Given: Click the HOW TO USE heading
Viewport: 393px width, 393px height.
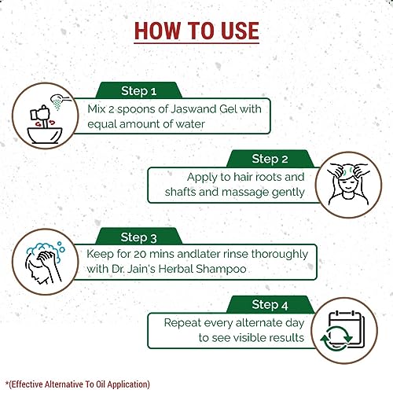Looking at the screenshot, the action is point(196,31).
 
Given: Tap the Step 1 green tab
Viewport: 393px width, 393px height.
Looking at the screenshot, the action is point(138,90).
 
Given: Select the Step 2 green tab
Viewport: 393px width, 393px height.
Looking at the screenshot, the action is point(270,159).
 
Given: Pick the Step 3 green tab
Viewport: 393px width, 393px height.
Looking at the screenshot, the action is point(138,237).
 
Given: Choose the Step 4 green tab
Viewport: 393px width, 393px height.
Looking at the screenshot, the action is point(270,305).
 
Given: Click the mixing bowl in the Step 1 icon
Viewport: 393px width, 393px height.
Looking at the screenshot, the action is point(45,135).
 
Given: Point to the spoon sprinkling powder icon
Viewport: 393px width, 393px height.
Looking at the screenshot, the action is point(60,101).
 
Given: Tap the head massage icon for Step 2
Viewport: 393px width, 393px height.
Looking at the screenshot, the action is point(348,185).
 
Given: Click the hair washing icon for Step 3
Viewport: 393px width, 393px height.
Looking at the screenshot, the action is point(45,263).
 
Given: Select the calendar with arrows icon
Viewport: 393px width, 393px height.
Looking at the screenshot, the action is point(342,331).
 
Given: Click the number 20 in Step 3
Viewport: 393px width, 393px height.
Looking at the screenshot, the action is point(140,254).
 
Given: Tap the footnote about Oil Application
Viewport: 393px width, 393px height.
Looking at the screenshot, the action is point(78,384).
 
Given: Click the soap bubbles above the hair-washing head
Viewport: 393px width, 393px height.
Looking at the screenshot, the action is point(46,249).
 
